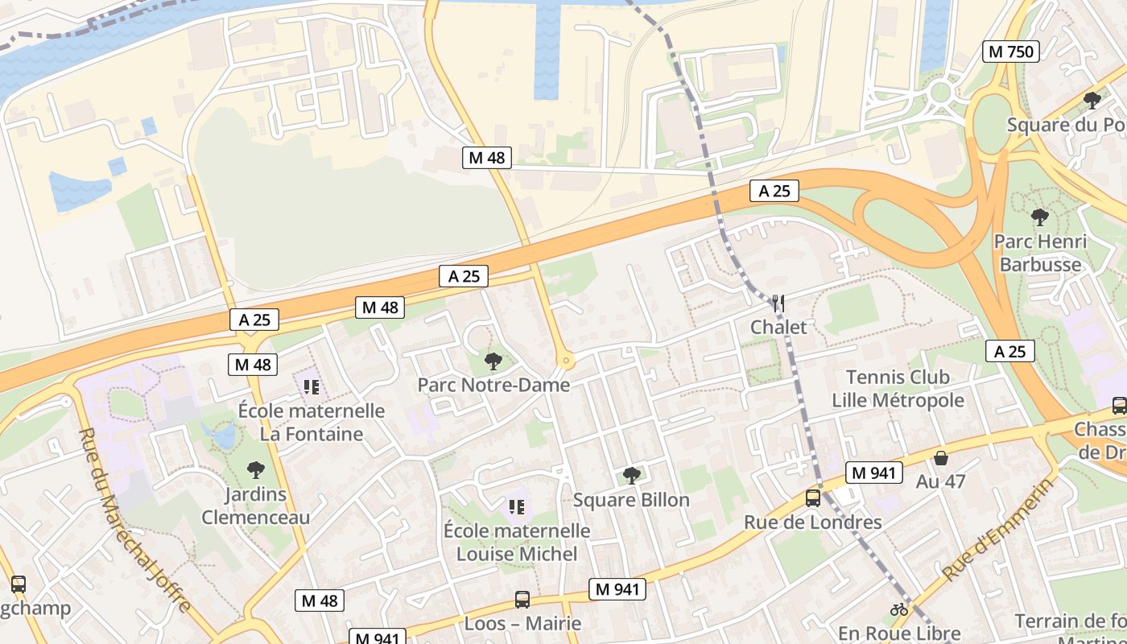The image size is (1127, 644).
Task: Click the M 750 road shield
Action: point(1011,52)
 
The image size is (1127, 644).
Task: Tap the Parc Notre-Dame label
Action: point(493,385)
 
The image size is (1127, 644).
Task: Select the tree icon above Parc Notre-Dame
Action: point(493,361)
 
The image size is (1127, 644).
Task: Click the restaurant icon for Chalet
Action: point(778,303)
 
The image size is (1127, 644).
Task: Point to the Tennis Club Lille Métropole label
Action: point(898,389)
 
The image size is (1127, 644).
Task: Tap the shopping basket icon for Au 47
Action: point(940,458)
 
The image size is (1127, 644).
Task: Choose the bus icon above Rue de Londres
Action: point(813,498)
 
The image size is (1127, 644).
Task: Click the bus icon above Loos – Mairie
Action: point(522,600)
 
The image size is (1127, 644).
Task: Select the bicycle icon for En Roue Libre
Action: point(899,609)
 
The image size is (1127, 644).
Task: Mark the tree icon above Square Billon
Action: point(632,476)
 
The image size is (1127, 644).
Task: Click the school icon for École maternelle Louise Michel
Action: point(517,506)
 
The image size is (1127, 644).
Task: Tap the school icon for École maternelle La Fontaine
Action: point(312,387)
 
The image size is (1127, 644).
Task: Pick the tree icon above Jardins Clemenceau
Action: point(255,470)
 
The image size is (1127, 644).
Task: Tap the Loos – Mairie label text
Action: point(522,624)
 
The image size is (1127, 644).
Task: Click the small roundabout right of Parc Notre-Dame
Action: point(565,361)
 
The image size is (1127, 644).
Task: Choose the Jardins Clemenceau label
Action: point(255,506)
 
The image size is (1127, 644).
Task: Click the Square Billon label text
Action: point(631,500)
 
